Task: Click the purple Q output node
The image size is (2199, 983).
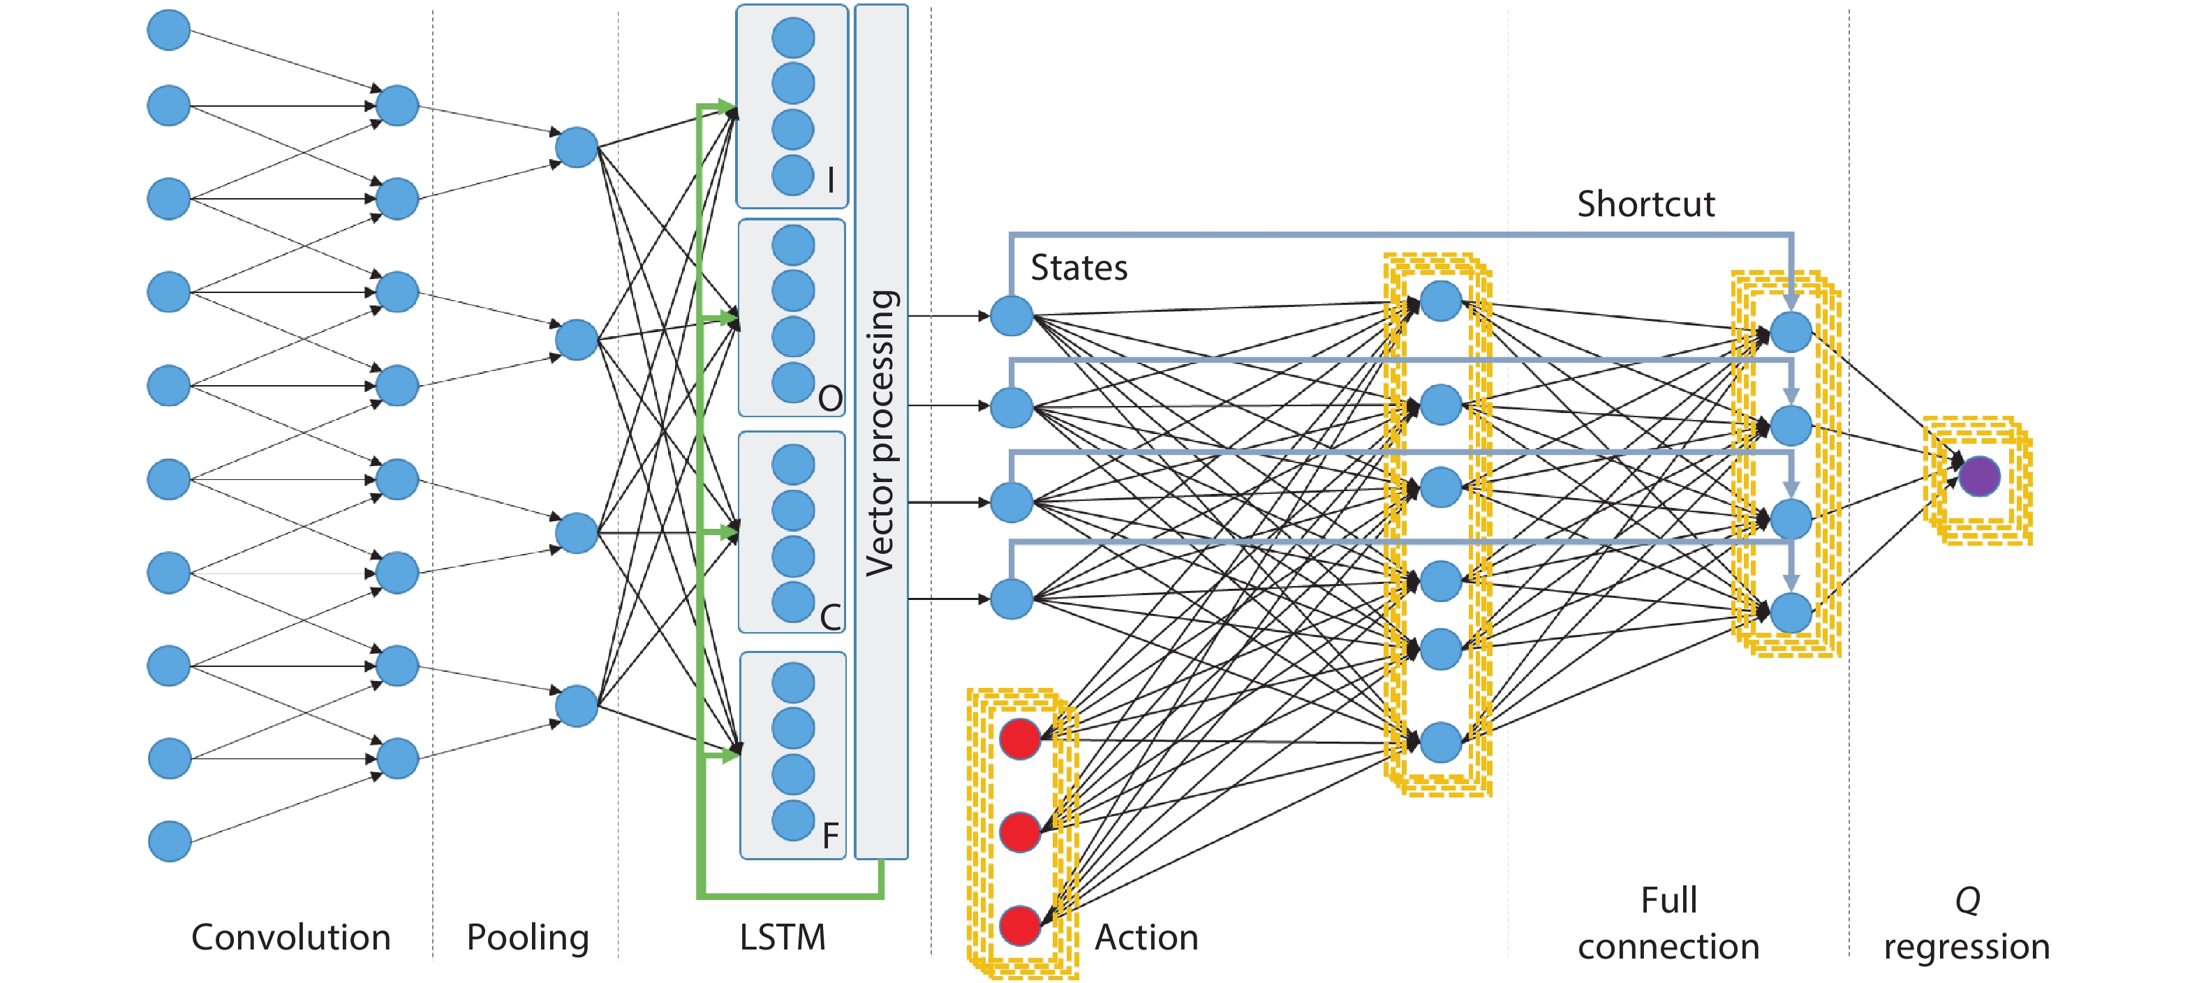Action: [x=1979, y=476]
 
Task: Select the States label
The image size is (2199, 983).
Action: [x=1079, y=268]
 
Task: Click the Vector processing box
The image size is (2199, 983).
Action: [x=881, y=431]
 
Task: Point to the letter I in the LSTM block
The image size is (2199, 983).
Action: [x=831, y=180]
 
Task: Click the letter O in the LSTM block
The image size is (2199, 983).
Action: [x=830, y=398]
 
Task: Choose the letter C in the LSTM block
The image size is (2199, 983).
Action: [x=830, y=617]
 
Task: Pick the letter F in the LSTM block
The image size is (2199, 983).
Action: [x=830, y=835]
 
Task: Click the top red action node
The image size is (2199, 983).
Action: [x=1020, y=739]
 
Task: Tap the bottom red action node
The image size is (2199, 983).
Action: [x=1020, y=926]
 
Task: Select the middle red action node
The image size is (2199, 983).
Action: [x=1020, y=832]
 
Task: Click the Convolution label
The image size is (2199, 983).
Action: [x=291, y=937]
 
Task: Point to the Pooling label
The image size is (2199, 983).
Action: [x=528, y=937]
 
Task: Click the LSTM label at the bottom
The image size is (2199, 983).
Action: [x=782, y=937]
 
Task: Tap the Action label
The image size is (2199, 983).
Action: [x=1146, y=937]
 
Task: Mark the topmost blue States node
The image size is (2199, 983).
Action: [x=1012, y=316]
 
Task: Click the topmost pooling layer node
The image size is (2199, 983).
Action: [x=576, y=147]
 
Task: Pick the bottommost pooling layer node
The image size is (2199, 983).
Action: [x=576, y=705]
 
